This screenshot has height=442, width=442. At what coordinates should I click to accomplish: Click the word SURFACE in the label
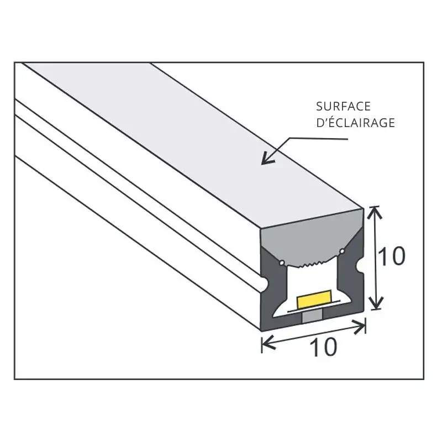click(x=343, y=106)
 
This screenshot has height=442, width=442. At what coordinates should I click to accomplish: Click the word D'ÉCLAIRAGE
click(x=355, y=123)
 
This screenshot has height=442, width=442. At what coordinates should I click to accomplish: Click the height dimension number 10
click(x=391, y=256)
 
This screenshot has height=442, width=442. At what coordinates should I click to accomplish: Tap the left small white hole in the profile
click(x=283, y=261)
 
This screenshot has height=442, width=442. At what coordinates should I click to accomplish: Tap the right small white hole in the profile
click(x=343, y=253)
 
